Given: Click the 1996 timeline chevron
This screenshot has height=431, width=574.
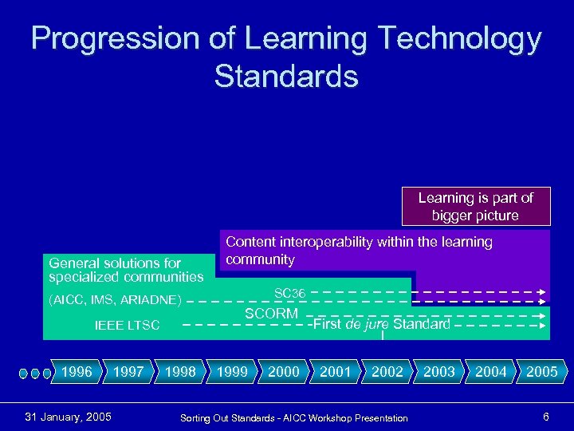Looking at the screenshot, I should tap(77, 372).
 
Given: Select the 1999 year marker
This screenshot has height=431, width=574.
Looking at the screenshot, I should tap(232, 372).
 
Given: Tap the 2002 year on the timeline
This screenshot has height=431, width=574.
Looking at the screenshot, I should tap(387, 372).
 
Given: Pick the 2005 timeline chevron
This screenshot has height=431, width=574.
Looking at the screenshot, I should tap(542, 372).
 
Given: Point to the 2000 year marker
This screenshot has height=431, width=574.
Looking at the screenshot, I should tap(284, 372).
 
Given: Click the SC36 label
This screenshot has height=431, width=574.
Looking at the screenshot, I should tap(290, 294).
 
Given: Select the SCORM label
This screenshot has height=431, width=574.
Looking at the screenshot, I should tap(271, 314).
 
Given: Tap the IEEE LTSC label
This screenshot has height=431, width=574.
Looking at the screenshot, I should tap(127, 326).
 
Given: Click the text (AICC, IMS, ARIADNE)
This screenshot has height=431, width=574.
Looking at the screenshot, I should tap(115, 301).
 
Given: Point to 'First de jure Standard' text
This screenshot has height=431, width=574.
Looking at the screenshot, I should tap(382, 324).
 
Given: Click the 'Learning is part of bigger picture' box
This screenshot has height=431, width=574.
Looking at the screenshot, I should tap(475, 207).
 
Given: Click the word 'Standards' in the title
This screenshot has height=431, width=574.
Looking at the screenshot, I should tap(286, 77).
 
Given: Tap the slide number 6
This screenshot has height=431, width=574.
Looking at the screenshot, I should tap(545, 417).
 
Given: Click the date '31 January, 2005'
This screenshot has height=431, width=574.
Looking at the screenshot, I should tap(69, 417).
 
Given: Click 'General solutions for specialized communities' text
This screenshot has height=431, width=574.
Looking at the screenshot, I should tap(126, 270).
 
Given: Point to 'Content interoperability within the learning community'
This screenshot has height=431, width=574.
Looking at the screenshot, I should tap(359, 251).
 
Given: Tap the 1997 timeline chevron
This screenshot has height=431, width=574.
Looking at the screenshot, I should tap(128, 372).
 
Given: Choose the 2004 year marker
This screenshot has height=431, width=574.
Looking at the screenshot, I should tap(490, 372).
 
